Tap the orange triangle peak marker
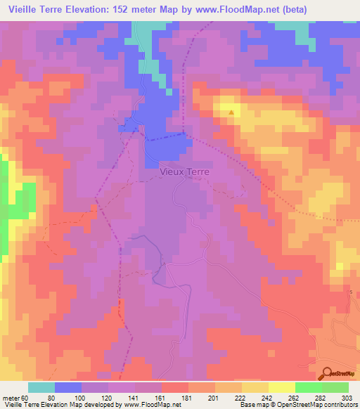point(231,111)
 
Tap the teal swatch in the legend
point(41,387)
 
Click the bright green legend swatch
point(309,387)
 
